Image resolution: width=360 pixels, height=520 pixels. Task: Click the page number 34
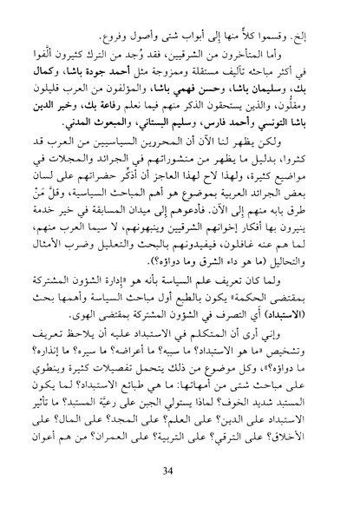(180, 495)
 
